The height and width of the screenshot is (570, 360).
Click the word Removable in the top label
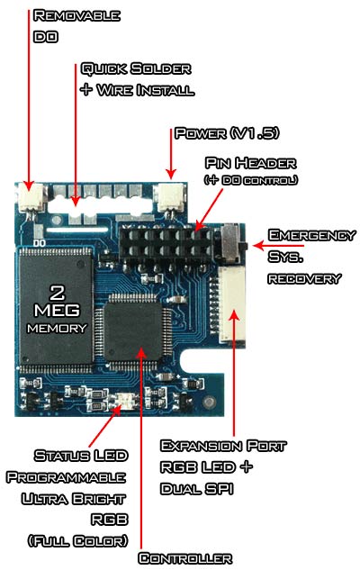76,15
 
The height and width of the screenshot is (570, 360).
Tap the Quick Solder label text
136,68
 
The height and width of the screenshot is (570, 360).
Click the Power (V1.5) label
227,133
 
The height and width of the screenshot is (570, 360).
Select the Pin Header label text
251,163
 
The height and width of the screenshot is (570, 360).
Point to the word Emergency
311,235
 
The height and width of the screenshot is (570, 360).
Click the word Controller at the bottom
184,558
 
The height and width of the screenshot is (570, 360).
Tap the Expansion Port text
223,446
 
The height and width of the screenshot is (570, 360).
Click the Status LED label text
81,456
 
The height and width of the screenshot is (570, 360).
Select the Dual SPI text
196,489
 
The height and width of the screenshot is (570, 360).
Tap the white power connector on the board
169,197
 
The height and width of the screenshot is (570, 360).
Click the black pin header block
166,243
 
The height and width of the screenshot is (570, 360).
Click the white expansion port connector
233,304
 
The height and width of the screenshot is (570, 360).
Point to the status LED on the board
124,402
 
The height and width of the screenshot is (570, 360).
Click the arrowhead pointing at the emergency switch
258,246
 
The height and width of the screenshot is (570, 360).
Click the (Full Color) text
78,540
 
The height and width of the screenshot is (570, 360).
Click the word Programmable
66,477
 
